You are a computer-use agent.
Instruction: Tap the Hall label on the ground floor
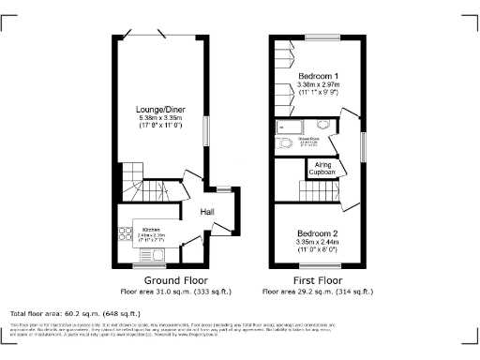pyautogui.click(x=207, y=212)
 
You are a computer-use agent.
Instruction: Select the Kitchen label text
pyautogui.click(x=152, y=230)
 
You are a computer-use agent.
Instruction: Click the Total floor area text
pyautogui.click(x=75, y=313)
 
